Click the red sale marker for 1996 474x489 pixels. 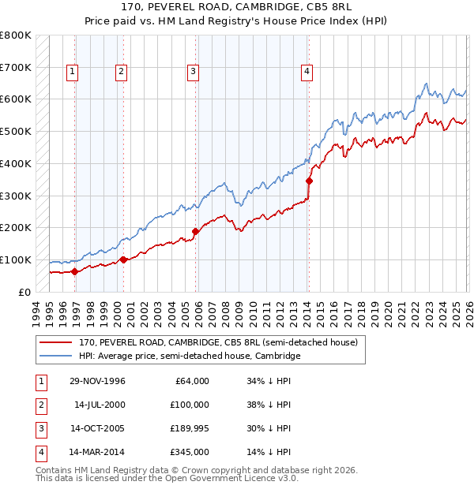point(74,271)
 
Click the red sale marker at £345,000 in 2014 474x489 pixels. point(309,181)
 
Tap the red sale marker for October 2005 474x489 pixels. point(195,231)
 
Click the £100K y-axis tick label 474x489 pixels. point(16,259)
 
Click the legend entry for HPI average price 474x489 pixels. point(190,356)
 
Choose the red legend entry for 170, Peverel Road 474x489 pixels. point(218,342)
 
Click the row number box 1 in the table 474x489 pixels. point(39,381)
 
